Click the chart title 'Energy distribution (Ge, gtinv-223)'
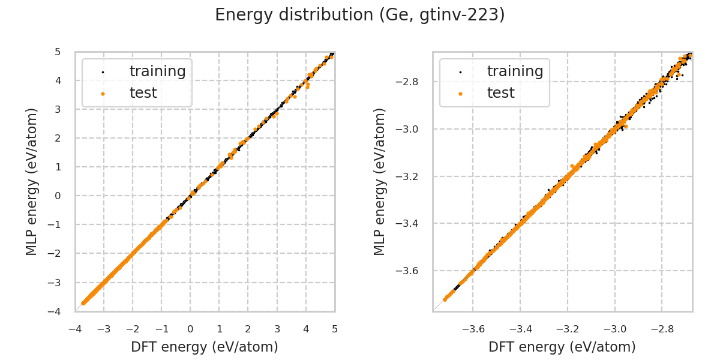click(x=360, y=15)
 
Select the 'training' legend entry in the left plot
click(x=157, y=71)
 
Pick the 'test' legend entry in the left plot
click(x=143, y=93)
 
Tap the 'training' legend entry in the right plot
click(x=515, y=71)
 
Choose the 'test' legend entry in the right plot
click(x=500, y=93)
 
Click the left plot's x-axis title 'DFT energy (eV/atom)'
click(x=205, y=347)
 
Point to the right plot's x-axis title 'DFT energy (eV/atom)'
click(x=562, y=347)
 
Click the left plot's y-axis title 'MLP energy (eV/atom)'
click(x=32, y=181)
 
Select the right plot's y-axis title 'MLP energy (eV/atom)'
click(x=380, y=181)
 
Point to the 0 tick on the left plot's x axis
click(x=190, y=329)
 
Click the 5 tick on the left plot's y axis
click(x=58, y=52)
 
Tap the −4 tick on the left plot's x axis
click(x=75, y=329)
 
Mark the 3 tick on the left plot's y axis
click(x=58, y=109)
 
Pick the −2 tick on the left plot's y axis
click(x=55, y=253)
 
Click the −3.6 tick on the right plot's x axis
click(x=473, y=329)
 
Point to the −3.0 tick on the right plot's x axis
click(x=614, y=329)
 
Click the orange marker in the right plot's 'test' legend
click(x=460, y=94)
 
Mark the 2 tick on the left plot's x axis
click(x=248, y=329)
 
